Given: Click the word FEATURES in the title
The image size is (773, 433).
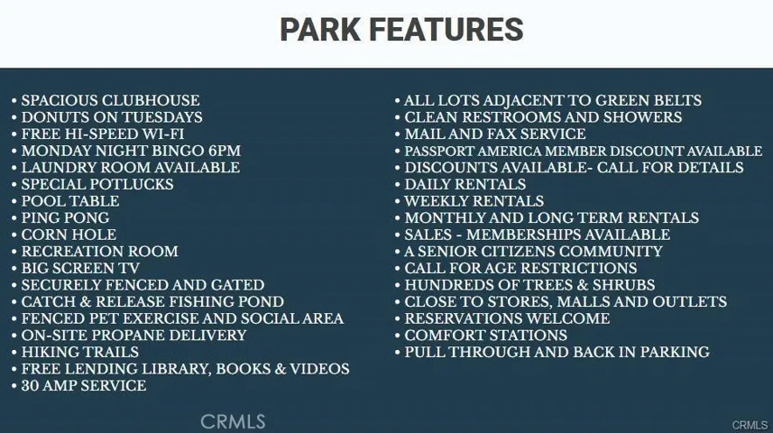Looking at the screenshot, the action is click(x=446, y=30).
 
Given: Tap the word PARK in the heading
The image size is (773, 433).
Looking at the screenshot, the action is click(x=320, y=30).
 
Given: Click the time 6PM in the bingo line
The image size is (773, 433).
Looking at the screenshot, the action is click(x=225, y=151).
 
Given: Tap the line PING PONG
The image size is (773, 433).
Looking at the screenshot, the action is click(x=65, y=218).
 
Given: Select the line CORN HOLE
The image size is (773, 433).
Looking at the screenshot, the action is click(x=69, y=235).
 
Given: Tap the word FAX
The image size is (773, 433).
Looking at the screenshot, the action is click(x=497, y=134).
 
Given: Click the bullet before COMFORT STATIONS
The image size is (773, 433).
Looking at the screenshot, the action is click(x=398, y=336).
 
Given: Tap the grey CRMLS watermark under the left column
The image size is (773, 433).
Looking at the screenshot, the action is click(x=233, y=421).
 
